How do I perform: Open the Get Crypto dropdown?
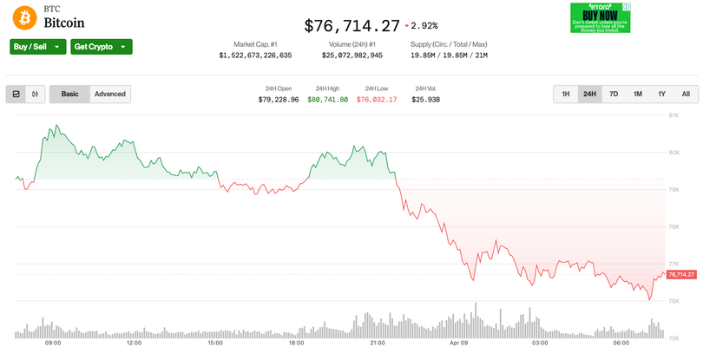coord(101,47)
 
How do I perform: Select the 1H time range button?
coord(566,94)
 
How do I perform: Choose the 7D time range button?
coord(614,94)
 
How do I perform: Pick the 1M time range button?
coord(638,94)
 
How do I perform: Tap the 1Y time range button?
coord(661,94)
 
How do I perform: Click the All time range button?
coord(686,94)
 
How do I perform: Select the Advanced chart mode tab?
coord(110,94)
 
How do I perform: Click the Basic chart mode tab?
coord(69,94)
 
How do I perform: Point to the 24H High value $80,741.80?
coord(327,100)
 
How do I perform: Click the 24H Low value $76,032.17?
coord(377,100)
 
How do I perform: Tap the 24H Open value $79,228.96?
coord(279,100)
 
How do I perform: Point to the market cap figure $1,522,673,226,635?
coord(255,56)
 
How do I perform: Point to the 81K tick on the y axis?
coord(673,115)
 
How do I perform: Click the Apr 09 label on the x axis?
coord(458,343)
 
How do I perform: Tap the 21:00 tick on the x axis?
coord(378,343)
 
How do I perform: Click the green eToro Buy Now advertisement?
coord(600,17)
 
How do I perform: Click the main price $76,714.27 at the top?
coord(351,26)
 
